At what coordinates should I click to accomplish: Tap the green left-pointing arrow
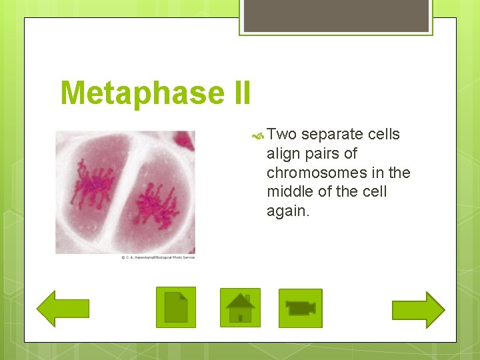tap(63, 308)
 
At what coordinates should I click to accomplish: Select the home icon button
tap(240, 308)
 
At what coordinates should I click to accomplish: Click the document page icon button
tap(176, 307)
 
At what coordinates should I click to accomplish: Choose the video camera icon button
tap(300, 308)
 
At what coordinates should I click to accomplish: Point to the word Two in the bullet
tap(281, 135)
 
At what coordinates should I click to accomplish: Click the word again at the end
tap(288, 211)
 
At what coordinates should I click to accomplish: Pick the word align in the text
tap(283, 154)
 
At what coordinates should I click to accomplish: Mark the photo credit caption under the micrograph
tap(158, 257)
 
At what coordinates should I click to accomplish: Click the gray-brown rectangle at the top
tap(336, 15)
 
